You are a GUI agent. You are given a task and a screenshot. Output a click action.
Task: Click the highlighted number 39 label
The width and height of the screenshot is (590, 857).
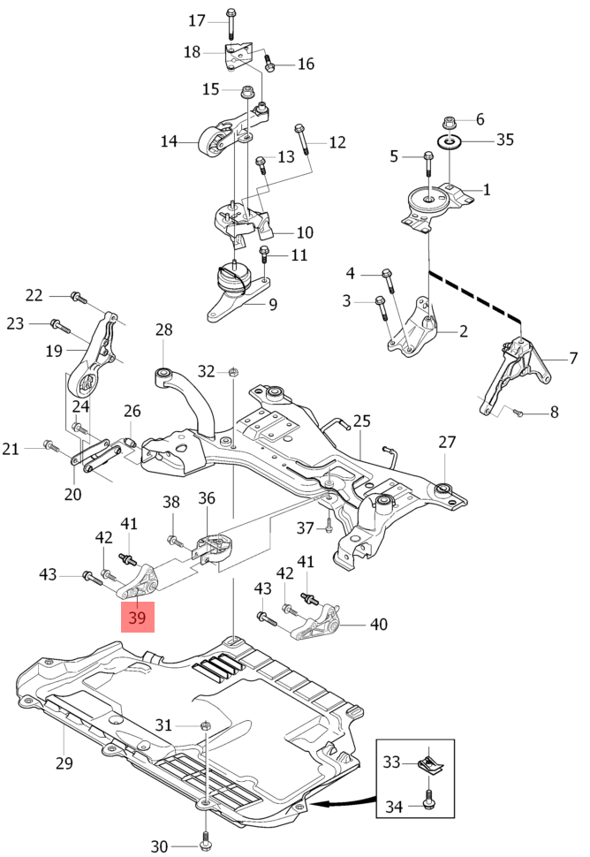click(x=137, y=618)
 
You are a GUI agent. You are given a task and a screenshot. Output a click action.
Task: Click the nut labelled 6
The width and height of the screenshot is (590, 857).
click(x=450, y=120)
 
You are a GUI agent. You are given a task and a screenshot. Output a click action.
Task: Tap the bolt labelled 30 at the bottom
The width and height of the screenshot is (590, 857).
click(x=205, y=839)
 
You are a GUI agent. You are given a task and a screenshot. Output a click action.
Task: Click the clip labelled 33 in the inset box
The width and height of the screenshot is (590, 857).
click(x=429, y=760)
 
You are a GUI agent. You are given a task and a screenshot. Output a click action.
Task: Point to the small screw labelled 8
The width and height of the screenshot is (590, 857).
click(x=518, y=412)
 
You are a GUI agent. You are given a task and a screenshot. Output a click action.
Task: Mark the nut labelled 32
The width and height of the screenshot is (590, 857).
click(x=231, y=372)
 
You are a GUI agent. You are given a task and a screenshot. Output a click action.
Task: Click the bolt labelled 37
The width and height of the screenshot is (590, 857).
click(x=328, y=527)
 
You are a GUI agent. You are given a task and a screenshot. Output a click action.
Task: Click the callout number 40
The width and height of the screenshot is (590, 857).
click(x=378, y=625)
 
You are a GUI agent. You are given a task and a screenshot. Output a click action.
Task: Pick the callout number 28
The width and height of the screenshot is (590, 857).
click(x=164, y=330)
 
